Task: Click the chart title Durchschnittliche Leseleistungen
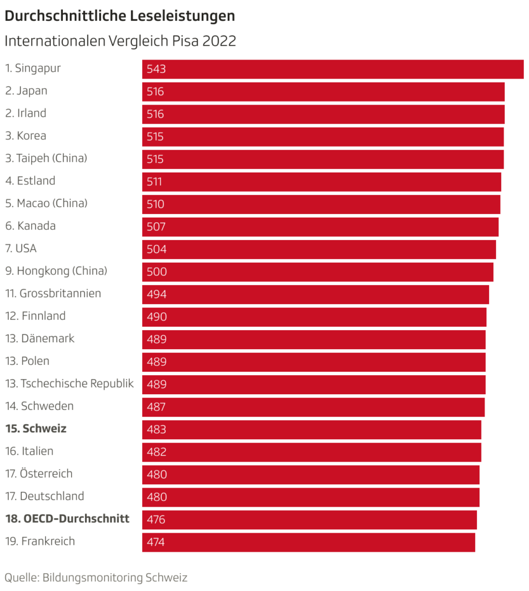click(x=120, y=16)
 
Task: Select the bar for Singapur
click(x=333, y=69)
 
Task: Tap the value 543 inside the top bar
click(x=156, y=69)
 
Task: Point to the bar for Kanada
click(x=320, y=226)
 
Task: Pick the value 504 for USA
click(x=156, y=249)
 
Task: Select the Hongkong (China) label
click(x=56, y=271)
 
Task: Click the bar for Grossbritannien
click(x=315, y=294)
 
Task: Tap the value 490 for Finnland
click(x=156, y=317)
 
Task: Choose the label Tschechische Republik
click(x=69, y=383)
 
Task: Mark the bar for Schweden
click(x=313, y=406)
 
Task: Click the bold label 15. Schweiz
click(x=36, y=429)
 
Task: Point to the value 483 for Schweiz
click(x=156, y=429)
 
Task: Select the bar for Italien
click(x=311, y=451)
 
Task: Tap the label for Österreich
click(x=39, y=474)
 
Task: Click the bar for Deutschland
click(x=311, y=496)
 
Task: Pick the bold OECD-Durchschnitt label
click(x=67, y=519)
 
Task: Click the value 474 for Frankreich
click(x=156, y=542)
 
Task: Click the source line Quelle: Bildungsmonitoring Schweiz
click(x=96, y=577)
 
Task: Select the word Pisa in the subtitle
click(x=185, y=42)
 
